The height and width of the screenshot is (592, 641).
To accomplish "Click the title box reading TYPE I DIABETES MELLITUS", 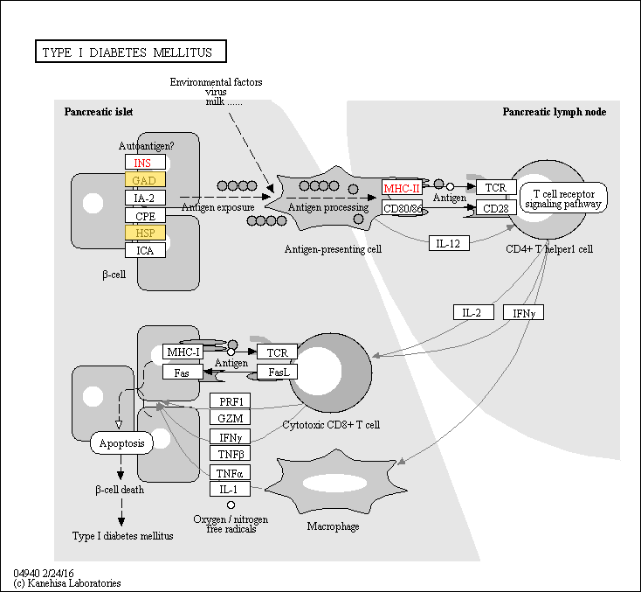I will [129, 52].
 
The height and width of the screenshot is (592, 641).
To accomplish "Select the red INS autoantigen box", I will [144, 163].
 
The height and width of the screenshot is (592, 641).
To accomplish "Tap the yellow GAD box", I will [144, 180].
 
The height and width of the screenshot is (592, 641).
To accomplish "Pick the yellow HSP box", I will [144, 233].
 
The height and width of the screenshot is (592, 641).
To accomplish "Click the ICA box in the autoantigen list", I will [144, 250].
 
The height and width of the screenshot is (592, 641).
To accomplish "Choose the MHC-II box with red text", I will [402, 188].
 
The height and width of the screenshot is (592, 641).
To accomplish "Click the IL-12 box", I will [449, 243].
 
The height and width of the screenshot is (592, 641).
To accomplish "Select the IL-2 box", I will [473, 312].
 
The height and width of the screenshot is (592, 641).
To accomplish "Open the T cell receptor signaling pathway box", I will [563, 198].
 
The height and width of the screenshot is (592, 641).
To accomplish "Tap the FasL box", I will [279, 372].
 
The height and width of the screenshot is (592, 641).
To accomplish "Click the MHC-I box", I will [183, 352].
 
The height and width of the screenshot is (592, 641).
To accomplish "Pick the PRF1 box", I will [231, 400].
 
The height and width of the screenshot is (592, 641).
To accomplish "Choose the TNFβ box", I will [231, 453].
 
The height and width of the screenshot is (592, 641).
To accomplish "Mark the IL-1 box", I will [231, 490].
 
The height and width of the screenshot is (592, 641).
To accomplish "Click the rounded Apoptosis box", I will [121, 442].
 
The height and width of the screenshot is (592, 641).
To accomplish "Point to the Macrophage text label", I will [333, 526].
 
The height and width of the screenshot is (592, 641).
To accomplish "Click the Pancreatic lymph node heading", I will [554, 112].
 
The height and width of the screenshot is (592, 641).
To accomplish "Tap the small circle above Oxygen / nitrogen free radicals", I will [231, 505].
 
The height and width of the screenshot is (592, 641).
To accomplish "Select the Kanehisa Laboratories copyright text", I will [67, 582].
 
